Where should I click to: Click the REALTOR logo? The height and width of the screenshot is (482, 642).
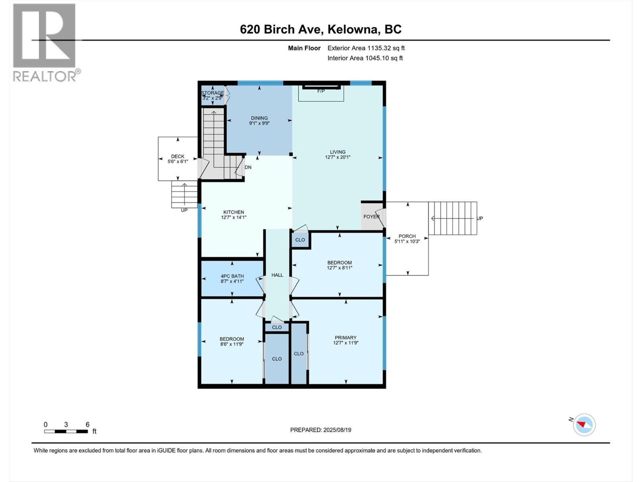(x=45, y=42)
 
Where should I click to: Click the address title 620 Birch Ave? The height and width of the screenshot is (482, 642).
(x=321, y=29)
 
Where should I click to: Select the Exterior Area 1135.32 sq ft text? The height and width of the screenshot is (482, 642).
(x=366, y=48)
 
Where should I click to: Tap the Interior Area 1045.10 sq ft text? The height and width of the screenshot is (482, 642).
(x=365, y=58)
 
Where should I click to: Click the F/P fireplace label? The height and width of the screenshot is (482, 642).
(x=321, y=91)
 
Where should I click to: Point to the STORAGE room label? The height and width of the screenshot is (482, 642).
(x=213, y=93)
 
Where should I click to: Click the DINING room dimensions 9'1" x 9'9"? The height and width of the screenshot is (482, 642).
(x=259, y=124)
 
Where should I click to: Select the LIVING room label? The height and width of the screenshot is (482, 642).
(x=337, y=152)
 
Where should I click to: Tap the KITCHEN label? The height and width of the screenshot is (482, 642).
(x=234, y=212)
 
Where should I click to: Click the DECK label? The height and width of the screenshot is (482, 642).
(x=178, y=157)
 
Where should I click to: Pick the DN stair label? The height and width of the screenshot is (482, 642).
(x=248, y=167)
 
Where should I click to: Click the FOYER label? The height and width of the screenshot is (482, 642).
(x=371, y=216)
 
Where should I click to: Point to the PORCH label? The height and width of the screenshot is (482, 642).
(x=407, y=236)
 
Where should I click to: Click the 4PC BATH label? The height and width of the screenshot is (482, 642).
(x=232, y=276)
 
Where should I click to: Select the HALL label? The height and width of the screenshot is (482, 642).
(x=277, y=275)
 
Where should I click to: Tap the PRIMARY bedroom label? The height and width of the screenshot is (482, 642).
(x=345, y=337)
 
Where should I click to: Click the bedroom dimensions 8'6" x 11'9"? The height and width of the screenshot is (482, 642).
(x=232, y=344)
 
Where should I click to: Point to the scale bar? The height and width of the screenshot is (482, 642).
(x=66, y=431)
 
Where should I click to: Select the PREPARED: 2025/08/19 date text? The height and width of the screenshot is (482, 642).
(x=321, y=430)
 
